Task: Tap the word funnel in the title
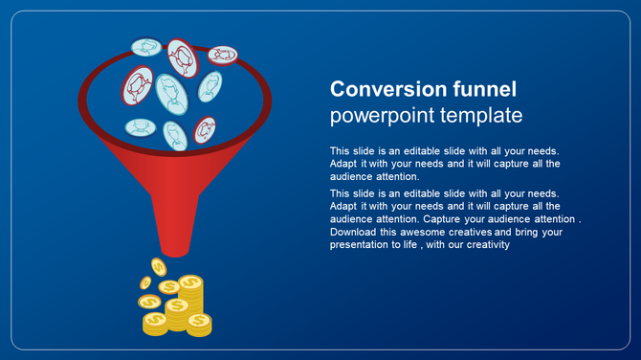click(484, 90)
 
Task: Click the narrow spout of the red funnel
click(174, 235)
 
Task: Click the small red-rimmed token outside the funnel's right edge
click(223, 55)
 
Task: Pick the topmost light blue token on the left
click(146, 46)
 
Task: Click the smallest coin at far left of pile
click(145, 282)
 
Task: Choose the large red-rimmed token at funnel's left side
click(138, 84)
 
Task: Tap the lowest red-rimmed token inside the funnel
click(205, 128)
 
